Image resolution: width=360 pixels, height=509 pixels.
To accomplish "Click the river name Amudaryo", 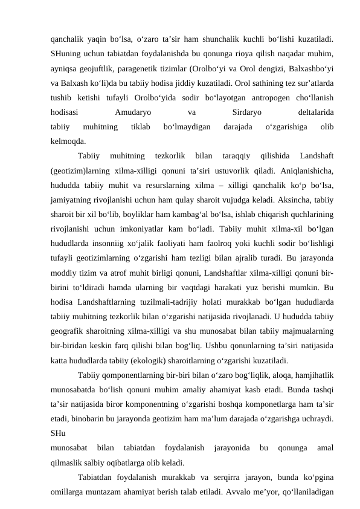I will (132, 112).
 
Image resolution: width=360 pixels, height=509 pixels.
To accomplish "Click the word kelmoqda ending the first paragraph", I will (68, 141).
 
